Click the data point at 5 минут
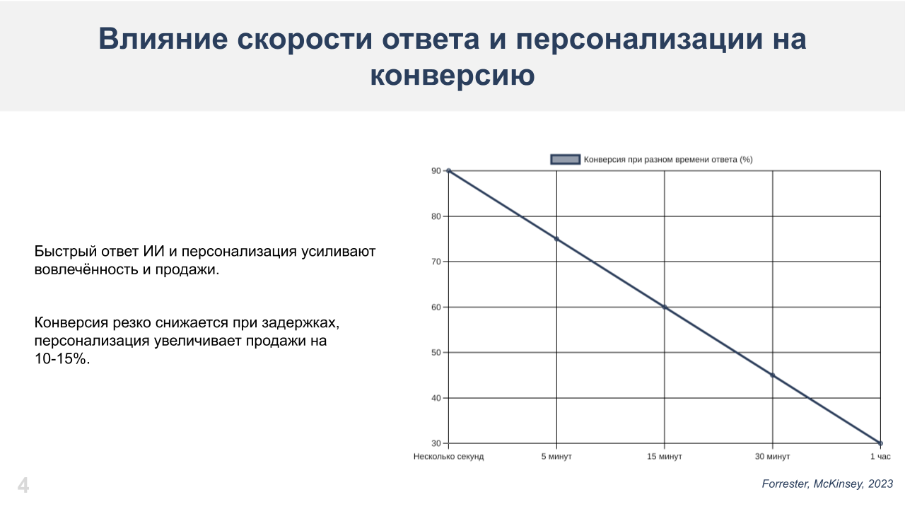click(556, 239)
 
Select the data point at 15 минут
click(665, 307)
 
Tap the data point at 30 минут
click(773, 375)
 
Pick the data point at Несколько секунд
click(448, 171)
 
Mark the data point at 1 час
click(881, 443)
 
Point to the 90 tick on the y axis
click(436, 171)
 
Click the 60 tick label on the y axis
click(436, 307)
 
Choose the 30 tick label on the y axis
click(436, 443)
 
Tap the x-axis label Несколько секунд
click(448, 457)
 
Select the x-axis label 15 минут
click(665, 457)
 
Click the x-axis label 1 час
click(880, 457)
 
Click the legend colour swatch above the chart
click(565, 159)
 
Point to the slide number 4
click(23, 485)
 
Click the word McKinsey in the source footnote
click(839, 484)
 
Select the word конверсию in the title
click(452, 75)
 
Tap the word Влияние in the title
click(163, 39)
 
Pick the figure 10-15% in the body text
click(62, 358)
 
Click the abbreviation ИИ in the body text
click(153, 251)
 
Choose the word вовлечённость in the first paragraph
click(86, 269)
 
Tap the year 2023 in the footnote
click(881, 484)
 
